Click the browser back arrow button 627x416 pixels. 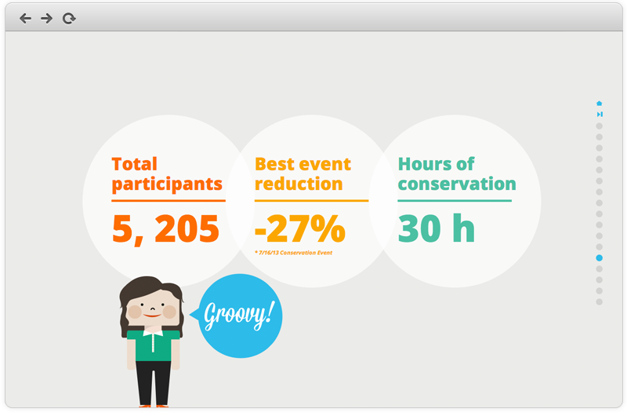(x=25, y=18)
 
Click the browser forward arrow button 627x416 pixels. (x=46, y=18)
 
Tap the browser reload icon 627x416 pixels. (x=69, y=18)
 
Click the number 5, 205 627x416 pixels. (x=165, y=228)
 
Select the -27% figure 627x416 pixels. (x=300, y=228)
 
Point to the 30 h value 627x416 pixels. (x=437, y=228)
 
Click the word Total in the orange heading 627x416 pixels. (x=134, y=164)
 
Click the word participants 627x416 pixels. (x=167, y=184)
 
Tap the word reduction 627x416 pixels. (x=299, y=184)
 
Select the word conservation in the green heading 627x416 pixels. (x=457, y=184)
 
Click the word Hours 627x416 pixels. (x=425, y=164)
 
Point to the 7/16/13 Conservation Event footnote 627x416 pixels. (x=293, y=253)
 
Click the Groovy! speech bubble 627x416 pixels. (x=240, y=316)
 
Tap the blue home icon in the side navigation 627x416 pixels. (x=599, y=104)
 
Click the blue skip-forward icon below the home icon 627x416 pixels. (x=600, y=115)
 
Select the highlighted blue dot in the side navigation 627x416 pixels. (x=599, y=258)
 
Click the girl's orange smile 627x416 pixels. (x=152, y=316)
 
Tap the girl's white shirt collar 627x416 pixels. (x=153, y=332)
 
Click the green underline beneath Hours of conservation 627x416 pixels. (x=455, y=201)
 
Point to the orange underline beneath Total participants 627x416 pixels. (x=169, y=201)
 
